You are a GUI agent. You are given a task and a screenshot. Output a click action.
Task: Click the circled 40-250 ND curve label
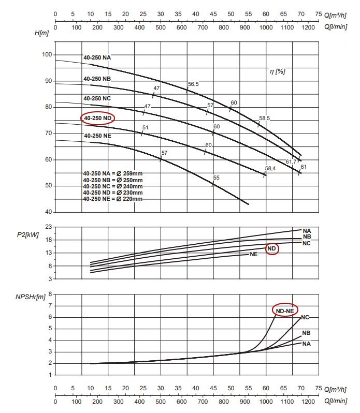click(97, 118)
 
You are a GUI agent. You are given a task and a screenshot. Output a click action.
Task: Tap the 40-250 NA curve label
click(97, 57)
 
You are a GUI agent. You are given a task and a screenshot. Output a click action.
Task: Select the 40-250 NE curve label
click(97, 136)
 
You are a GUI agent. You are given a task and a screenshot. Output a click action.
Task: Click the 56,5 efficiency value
click(194, 83)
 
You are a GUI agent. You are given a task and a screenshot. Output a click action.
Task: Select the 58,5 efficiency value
click(264, 119)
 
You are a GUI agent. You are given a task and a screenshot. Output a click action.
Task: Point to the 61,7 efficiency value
click(292, 162)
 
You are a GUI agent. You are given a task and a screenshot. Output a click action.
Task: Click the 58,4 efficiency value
click(270, 168)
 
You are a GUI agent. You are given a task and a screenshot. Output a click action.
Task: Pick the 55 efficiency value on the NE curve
click(217, 178)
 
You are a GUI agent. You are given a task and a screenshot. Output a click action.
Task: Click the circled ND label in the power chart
click(272, 249)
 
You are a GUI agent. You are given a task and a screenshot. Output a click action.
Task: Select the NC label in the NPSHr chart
click(305, 317)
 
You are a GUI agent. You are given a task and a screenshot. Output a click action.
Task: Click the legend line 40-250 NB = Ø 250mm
click(112, 180)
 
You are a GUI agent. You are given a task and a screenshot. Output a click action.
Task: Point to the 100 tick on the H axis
click(47, 54)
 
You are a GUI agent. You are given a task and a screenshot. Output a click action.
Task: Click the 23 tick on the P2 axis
click(48, 227)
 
